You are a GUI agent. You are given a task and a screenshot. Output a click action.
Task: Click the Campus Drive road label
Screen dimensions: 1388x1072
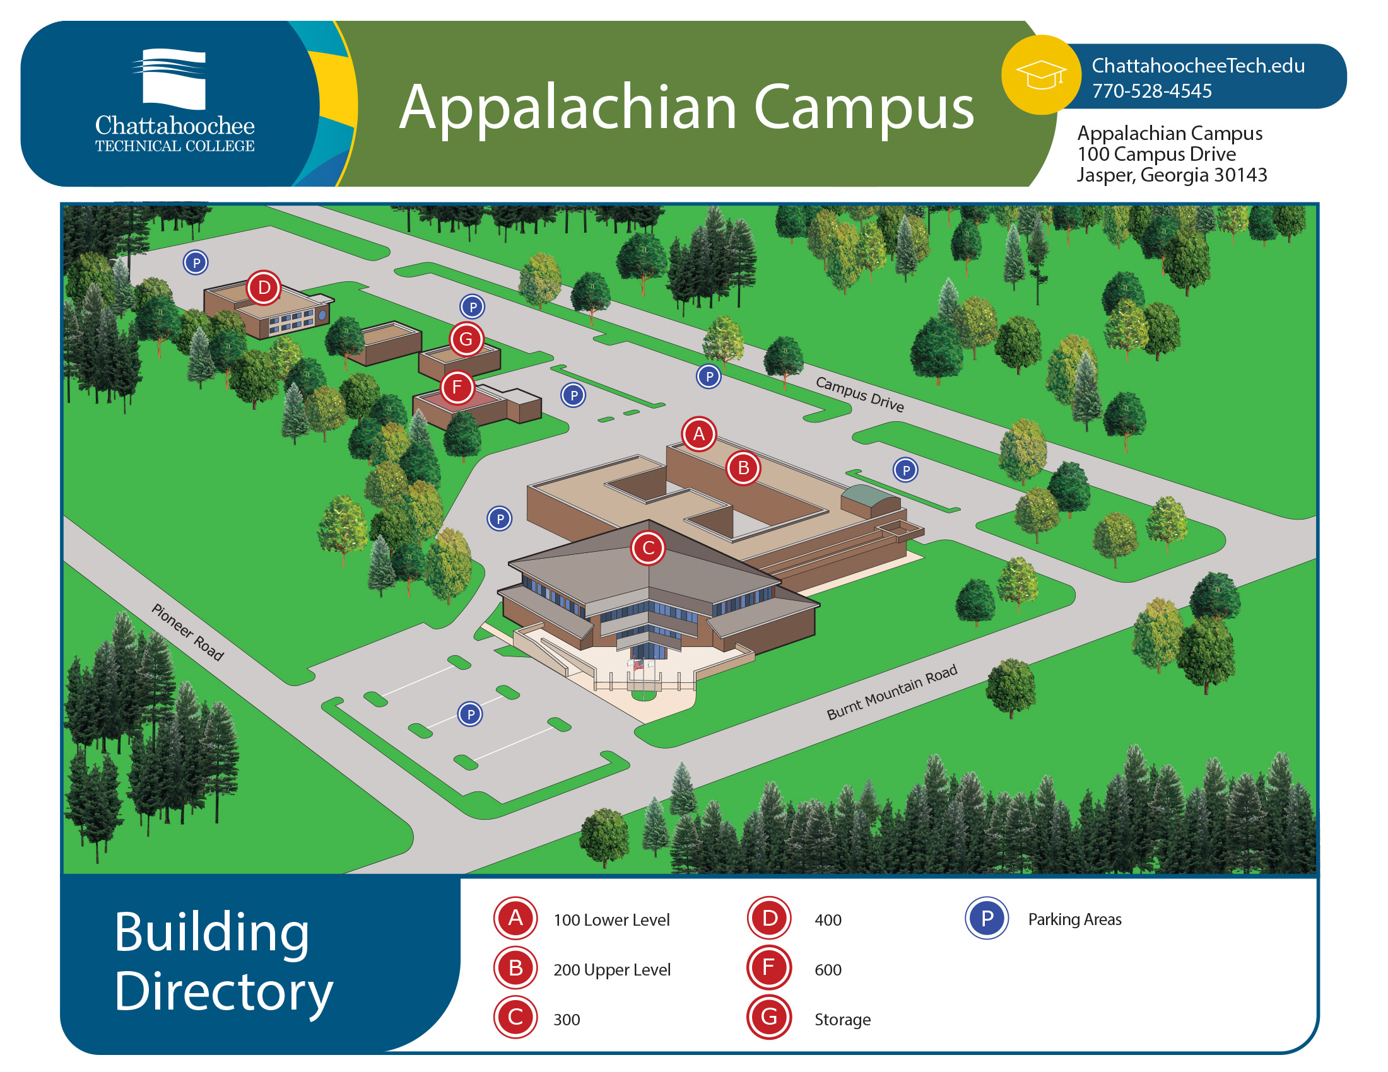click(x=859, y=393)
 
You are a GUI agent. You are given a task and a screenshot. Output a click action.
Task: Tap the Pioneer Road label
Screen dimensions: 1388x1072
click(x=187, y=631)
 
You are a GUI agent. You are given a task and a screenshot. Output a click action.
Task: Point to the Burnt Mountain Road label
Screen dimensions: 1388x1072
click(x=891, y=692)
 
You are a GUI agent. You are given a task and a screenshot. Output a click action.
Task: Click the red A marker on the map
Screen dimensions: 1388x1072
click(x=699, y=434)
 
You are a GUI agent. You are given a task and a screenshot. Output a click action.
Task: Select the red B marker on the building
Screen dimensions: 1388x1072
click(x=743, y=468)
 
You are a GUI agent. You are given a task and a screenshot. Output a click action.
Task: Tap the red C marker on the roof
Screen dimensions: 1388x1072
click(x=648, y=547)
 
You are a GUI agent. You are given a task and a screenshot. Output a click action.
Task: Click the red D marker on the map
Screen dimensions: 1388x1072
click(x=264, y=288)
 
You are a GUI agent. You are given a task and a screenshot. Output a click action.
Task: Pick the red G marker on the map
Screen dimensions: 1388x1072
click(x=466, y=339)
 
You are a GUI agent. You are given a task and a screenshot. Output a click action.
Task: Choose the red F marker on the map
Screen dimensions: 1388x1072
click(x=457, y=387)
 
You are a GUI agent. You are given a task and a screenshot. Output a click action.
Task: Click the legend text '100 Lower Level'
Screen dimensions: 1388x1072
click(x=611, y=919)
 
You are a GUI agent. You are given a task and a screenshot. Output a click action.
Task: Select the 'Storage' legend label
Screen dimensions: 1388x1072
click(x=842, y=1019)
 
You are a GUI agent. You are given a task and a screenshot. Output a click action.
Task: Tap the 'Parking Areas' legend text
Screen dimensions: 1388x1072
click(x=1074, y=919)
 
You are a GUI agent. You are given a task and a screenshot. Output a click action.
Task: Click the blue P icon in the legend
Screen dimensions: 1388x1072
click(x=986, y=918)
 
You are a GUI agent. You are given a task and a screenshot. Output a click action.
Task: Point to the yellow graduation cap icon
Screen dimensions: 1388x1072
click(x=1041, y=75)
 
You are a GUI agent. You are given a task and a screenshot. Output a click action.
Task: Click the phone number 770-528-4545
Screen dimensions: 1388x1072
click(x=1151, y=91)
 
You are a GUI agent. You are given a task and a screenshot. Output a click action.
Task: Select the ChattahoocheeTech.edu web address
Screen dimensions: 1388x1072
click(x=1198, y=66)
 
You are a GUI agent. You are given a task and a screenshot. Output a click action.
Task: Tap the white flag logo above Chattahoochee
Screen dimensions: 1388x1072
click(x=170, y=79)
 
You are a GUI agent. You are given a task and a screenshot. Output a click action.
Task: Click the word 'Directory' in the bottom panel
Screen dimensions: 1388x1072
click(x=224, y=992)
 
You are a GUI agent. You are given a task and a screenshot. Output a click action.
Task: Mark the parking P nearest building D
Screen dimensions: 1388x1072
click(x=196, y=262)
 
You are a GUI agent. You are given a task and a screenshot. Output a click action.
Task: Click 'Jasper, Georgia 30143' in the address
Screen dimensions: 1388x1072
click(x=1172, y=175)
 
